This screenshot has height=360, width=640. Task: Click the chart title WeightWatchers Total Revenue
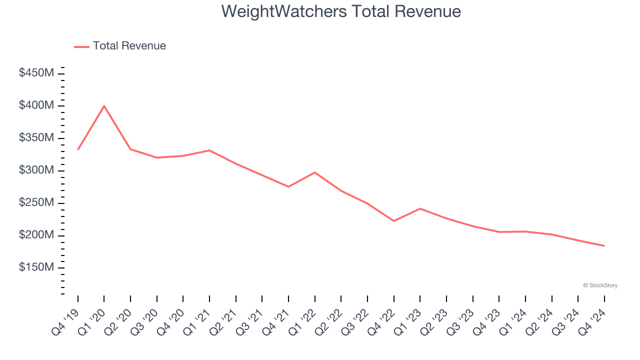click(x=341, y=11)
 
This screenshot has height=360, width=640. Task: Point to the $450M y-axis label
click(x=36, y=73)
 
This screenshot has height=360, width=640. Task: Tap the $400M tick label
click(x=36, y=106)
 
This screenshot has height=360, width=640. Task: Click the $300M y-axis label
click(x=36, y=170)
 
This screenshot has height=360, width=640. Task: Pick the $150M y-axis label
click(x=36, y=268)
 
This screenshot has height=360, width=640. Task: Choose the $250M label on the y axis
click(x=36, y=203)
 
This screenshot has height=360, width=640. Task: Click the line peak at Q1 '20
click(x=104, y=105)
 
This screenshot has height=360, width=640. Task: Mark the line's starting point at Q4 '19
click(x=78, y=149)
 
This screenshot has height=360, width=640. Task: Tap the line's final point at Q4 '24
click(x=604, y=246)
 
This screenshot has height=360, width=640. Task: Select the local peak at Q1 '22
click(x=314, y=172)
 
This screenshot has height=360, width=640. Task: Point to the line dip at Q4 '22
click(x=394, y=221)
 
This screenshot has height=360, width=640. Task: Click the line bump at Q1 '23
click(x=420, y=208)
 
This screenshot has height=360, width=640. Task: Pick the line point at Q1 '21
click(x=209, y=150)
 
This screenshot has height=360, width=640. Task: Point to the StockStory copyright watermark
click(x=600, y=285)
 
